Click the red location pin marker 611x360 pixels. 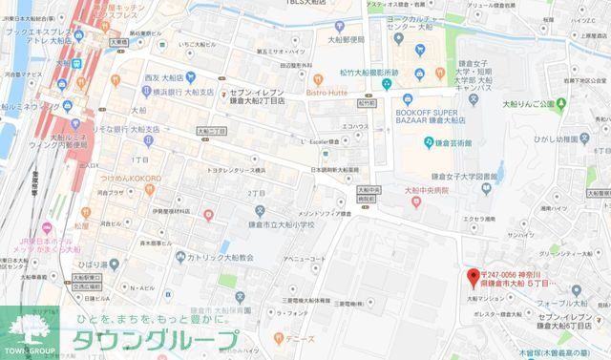(x=471, y=278)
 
